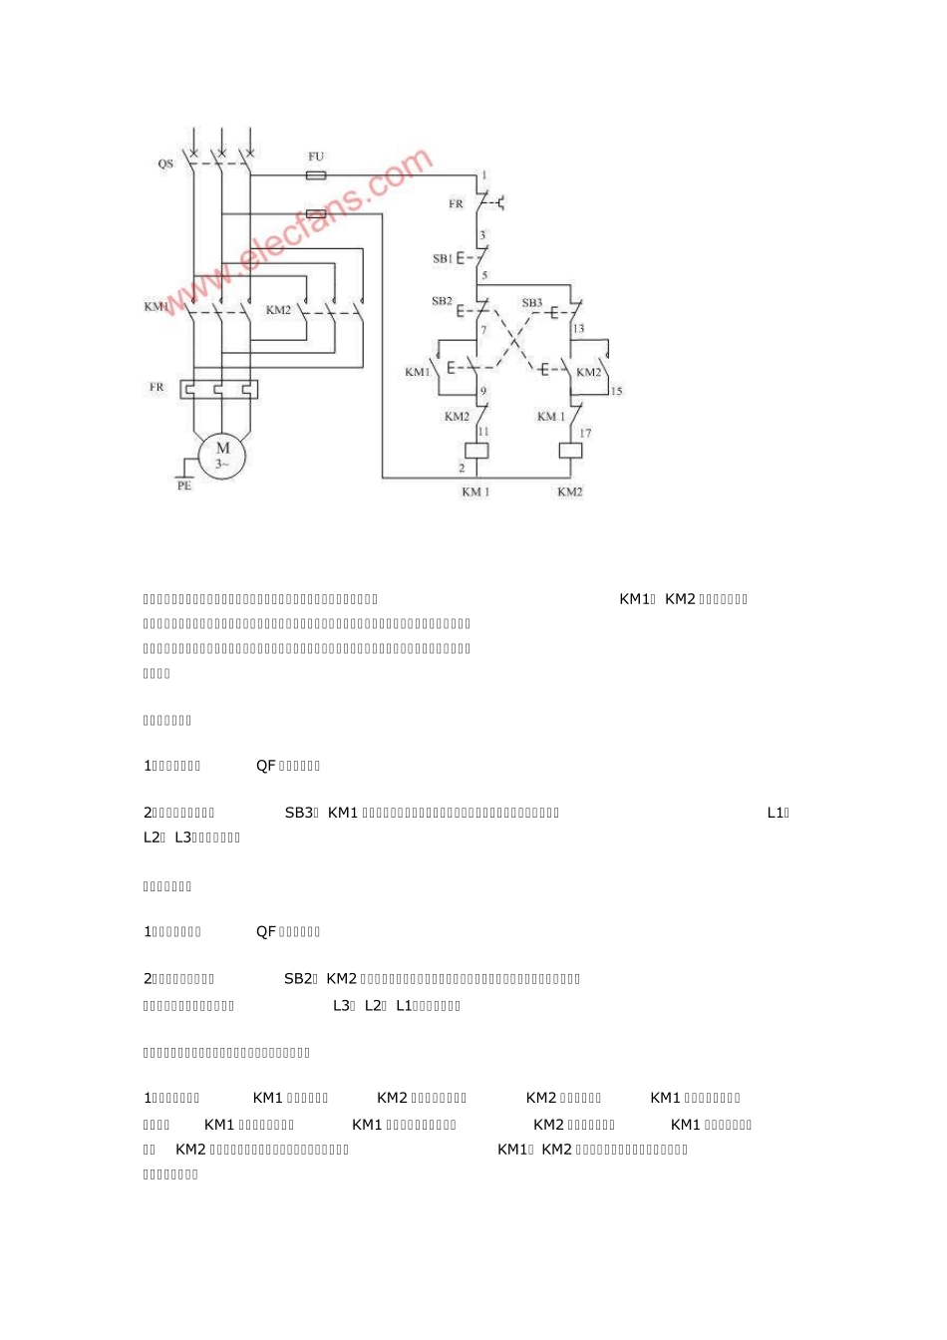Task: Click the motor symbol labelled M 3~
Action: coord(222,455)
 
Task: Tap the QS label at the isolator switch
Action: coord(165,164)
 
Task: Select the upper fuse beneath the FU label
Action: coord(315,175)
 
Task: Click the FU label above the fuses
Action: coord(315,157)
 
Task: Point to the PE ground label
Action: coord(184,486)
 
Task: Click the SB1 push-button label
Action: coord(443,258)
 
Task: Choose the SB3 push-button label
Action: coord(532,302)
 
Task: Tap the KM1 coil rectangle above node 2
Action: coord(476,450)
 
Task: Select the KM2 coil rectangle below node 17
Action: coord(570,450)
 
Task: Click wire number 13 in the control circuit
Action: coord(578,328)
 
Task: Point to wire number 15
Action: coord(616,391)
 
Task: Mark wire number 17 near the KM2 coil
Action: coord(585,433)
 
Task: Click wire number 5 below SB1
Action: coord(484,275)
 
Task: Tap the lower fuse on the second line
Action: coord(315,213)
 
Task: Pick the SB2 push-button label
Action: coord(442,301)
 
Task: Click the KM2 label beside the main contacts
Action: coord(278,310)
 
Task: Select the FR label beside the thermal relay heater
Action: coord(157,387)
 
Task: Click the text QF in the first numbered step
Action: coord(266,766)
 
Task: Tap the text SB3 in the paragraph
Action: coord(299,813)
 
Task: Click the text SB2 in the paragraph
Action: coord(299,979)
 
